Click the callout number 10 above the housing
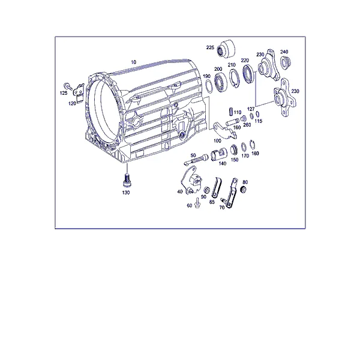click(x=134, y=62)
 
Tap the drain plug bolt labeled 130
click(x=126, y=181)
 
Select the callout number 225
click(x=210, y=47)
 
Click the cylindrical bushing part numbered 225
click(x=227, y=49)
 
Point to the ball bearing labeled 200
click(x=221, y=83)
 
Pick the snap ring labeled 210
click(x=235, y=78)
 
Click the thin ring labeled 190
click(x=208, y=86)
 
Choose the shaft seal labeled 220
click(x=248, y=74)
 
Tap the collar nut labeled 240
click(x=286, y=62)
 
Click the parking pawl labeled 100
click(x=224, y=131)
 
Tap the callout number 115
click(x=259, y=121)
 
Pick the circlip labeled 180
click(x=253, y=145)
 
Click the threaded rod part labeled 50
click(x=196, y=159)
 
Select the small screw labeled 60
click(x=197, y=203)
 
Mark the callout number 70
click(x=222, y=208)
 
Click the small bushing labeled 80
click(x=243, y=190)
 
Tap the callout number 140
click(x=222, y=163)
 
